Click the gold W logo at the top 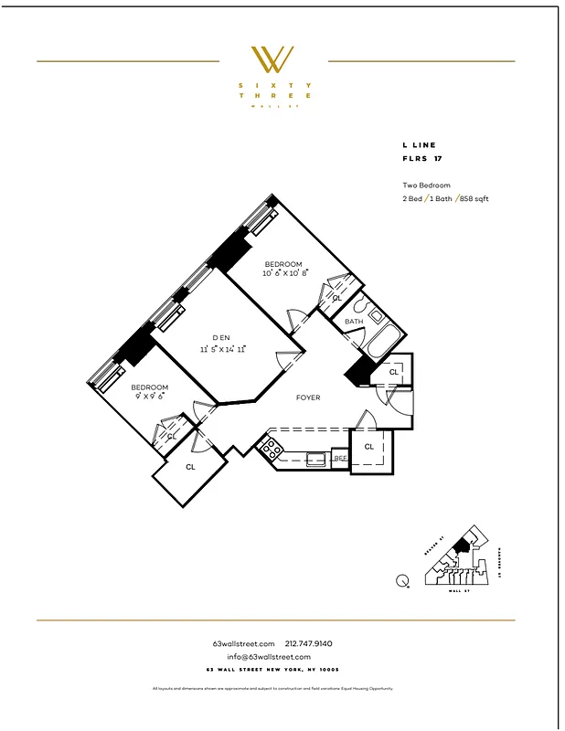click(x=272, y=60)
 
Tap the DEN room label click(x=222, y=337)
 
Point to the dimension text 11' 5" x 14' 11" click(x=223, y=349)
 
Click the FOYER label click(x=308, y=398)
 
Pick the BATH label click(x=355, y=323)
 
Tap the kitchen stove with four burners click(x=272, y=448)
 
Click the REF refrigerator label click(x=339, y=458)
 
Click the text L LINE click(x=419, y=145)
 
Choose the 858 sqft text click(x=474, y=198)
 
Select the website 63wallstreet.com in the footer click(x=243, y=644)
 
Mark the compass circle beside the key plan click(x=402, y=579)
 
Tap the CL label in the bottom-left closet click(x=190, y=467)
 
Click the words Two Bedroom click(x=426, y=185)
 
